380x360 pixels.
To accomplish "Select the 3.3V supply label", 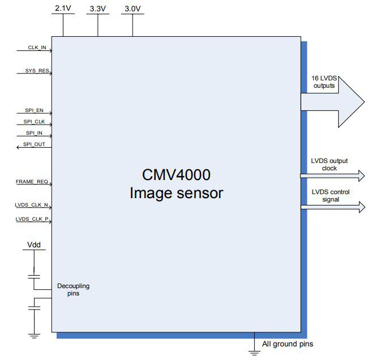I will click(x=98, y=8).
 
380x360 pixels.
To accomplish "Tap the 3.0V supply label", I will click(x=133, y=8).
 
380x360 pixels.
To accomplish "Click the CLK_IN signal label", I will click(x=37, y=48).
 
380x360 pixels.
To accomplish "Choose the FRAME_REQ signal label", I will click(x=32, y=182).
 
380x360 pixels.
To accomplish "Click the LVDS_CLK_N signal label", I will click(x=32, y=206).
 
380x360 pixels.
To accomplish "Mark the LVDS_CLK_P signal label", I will click(x=32, y=218).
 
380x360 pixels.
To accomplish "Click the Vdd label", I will click(x=35, y=246).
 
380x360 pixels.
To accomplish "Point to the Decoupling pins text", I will click(x=73, y=290).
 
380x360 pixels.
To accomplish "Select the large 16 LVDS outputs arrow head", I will click(x=351, y=101).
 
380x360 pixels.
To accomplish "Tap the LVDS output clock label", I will click(x=329, y=165).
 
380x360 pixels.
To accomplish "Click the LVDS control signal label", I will click(x=330, y=195).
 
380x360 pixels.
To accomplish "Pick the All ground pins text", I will click(x=287, y=344).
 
